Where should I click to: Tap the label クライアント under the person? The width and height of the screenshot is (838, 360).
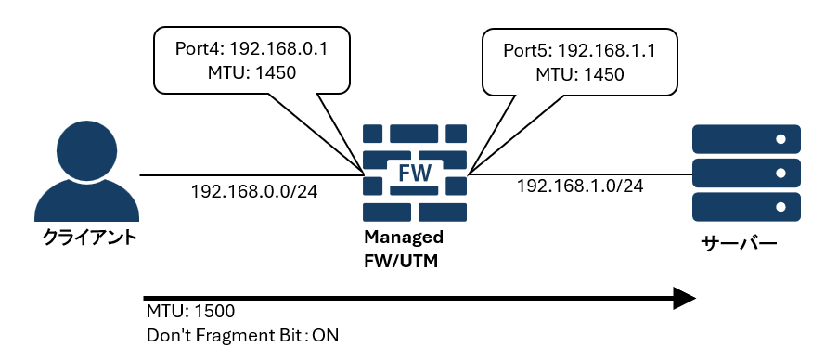90,238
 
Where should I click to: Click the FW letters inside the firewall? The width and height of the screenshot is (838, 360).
415,173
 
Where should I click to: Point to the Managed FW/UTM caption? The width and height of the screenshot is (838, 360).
403,250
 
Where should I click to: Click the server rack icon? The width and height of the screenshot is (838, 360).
746,174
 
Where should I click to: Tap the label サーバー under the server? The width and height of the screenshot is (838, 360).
739,245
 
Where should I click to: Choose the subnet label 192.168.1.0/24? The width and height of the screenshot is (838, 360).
580,186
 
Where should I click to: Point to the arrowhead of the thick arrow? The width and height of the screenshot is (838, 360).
684,298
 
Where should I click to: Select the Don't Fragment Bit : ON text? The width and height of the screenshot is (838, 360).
242,335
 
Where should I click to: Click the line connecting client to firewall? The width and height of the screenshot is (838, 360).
251,174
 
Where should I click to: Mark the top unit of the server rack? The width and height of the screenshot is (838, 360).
746,139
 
